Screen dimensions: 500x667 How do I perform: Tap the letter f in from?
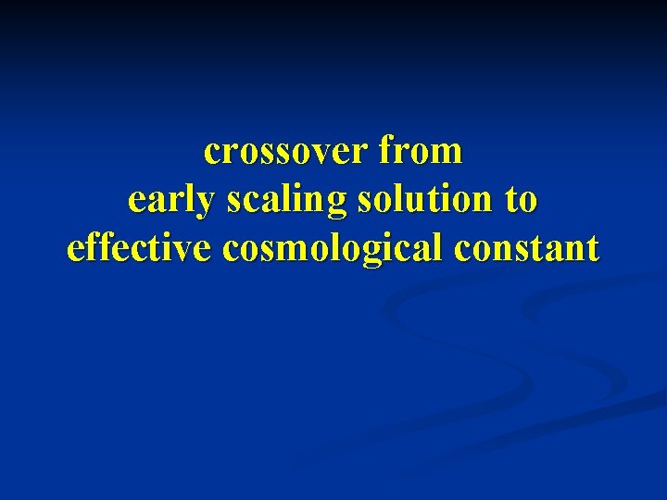pos(384,150)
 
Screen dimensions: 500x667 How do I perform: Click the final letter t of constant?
pos(593,248)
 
